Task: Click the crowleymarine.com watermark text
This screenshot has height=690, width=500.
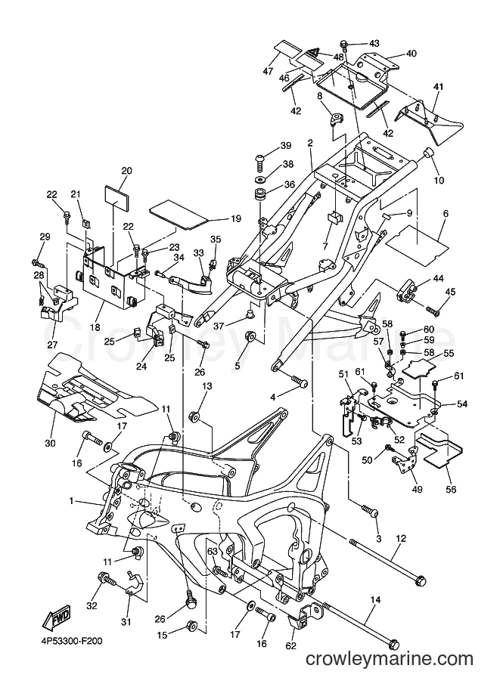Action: [390, 670]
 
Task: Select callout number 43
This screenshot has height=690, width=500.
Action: [374, 44]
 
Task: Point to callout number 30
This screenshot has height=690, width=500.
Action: [50, 443]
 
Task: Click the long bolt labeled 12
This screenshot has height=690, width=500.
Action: [388, 562]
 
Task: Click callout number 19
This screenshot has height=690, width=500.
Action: [236, 218]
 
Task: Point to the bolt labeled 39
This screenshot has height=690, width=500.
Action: [260, 162]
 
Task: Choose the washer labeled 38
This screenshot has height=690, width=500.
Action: [260, 180]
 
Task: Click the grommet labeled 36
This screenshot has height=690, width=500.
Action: [259, 196]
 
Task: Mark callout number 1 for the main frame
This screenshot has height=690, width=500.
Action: [71, 501]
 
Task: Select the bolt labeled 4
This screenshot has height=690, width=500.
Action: [299, 381]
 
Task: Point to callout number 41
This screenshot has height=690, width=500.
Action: [438, 87]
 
